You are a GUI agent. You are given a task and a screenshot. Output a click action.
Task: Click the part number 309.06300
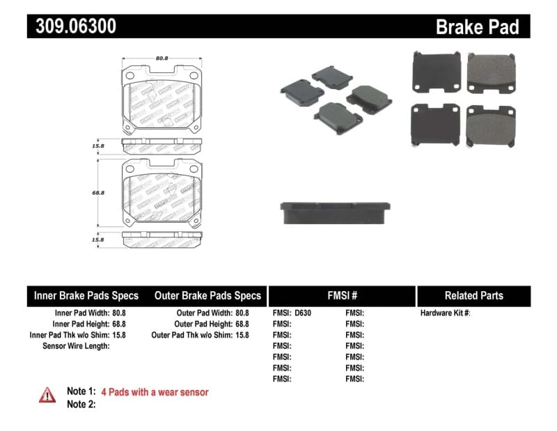(72, 26)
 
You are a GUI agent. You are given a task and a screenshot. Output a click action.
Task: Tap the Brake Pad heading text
(477, 27)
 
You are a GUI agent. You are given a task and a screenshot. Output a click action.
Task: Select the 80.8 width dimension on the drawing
(162, 58)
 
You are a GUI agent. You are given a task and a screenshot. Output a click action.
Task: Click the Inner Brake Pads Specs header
(86, 296)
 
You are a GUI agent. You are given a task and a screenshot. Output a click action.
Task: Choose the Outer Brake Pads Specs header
(207, 296)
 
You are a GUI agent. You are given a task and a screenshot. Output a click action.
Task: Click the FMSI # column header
(342, 296)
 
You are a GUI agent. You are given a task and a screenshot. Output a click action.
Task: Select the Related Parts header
(473, 296)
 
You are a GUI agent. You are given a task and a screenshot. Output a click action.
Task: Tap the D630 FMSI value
(303, 313)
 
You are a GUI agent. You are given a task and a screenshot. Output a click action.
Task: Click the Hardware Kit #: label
(445, 313)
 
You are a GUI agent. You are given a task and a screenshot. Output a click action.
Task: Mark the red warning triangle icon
(47, 395)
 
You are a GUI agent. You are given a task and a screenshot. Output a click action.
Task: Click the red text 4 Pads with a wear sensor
(155, 392)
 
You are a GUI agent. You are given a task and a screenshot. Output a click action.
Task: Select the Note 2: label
(81, 405)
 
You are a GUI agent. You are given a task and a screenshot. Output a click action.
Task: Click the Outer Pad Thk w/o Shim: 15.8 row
(200, 335)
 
